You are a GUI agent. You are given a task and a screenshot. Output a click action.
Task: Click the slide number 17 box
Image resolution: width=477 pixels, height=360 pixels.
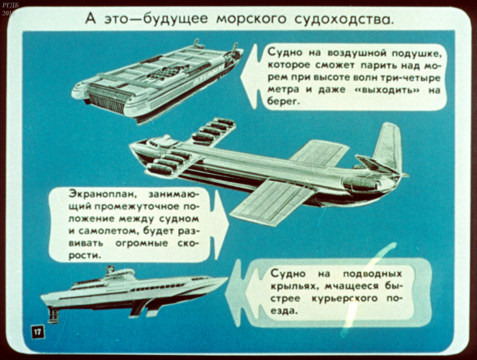tap(37, 331)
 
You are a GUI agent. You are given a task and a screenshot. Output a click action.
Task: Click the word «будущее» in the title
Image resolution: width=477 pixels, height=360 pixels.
tap(175, 19)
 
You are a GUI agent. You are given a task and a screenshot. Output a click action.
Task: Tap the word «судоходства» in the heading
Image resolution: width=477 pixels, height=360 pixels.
tap(344, 19)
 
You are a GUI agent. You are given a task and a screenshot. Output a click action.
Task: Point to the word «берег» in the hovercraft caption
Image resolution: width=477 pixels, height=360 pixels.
tap(282, 102)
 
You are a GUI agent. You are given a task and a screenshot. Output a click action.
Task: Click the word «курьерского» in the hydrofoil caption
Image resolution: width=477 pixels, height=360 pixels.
tap(344, 299)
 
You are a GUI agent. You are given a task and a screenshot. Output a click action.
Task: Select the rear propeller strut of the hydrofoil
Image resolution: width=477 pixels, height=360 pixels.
tap(53, 314)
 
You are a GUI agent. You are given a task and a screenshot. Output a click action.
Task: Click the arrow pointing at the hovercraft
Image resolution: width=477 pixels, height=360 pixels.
tap(249, 76)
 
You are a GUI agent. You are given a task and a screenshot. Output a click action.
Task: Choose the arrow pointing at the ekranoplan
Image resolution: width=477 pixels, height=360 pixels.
tap(221, 226)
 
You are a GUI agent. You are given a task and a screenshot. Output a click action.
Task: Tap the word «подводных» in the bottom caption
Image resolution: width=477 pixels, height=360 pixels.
tap(372, 274)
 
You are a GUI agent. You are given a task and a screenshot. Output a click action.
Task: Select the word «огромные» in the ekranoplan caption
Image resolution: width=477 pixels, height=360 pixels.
tap(142, 243)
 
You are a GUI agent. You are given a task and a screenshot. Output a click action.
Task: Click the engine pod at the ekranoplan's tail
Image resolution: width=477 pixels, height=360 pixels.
tap(361, 183)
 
